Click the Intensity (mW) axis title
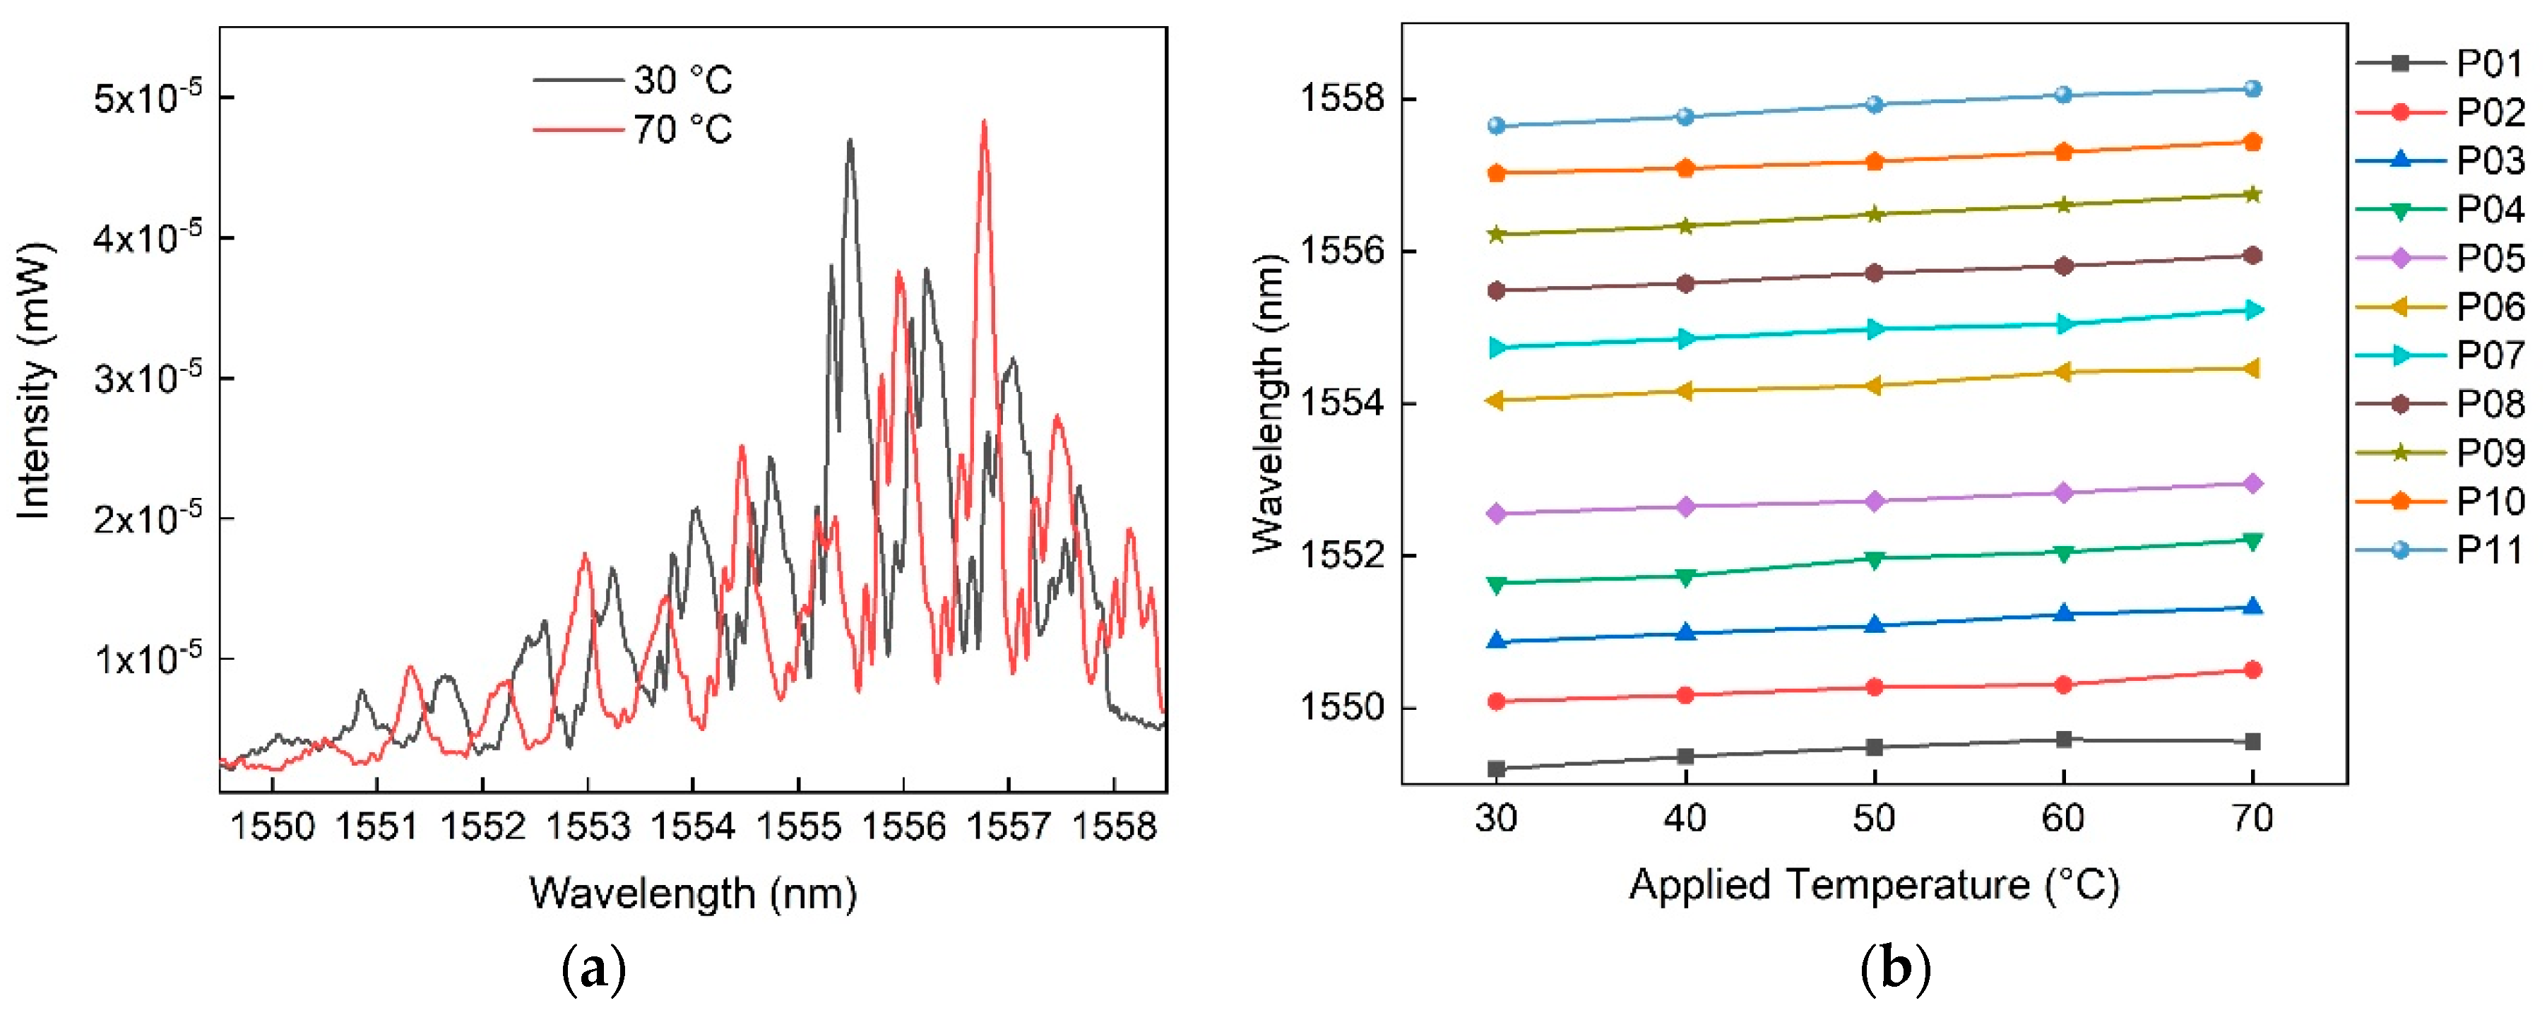coord(34,381)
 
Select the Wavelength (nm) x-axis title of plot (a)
coord(692,894)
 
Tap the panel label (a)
coord(593,970)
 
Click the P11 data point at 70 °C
coord(2252,89)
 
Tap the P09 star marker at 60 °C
coord(2063,205)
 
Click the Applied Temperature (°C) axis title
coord(1874,884)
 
